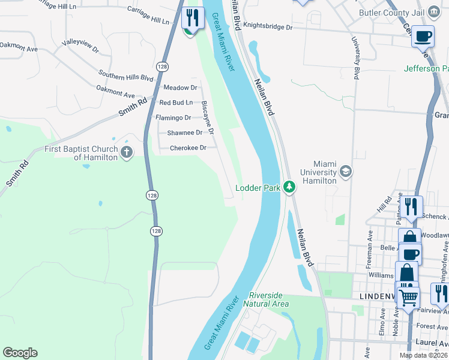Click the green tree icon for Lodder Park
click(x=289, y=187)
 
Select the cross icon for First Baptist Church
click(x=126, y=152)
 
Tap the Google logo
click(x=20, y=353)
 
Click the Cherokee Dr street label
click(x=188, y=148)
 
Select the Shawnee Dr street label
click(x=184, y=133)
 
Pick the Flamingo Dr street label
click(x=173, y=118)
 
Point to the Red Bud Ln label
click(x=176, y=103)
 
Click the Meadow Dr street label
click(x=176, y=88)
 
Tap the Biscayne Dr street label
click(x=208, y=118)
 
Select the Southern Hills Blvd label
click(x=126, y=77)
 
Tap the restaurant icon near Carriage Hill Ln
click(x=192, y=18)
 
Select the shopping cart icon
click(x=409, y=296)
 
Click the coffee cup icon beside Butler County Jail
click(x=423, y=35)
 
